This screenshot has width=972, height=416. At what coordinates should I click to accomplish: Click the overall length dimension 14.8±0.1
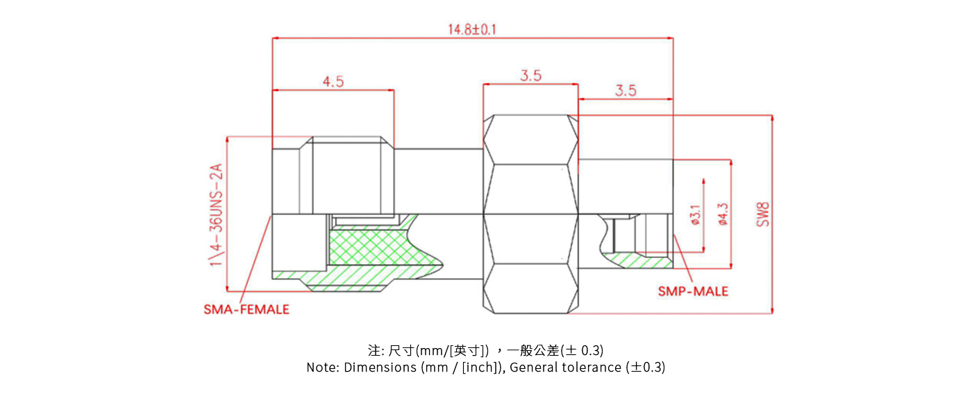pos(472,29)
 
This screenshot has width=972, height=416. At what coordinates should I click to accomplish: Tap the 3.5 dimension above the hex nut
pos(530,76)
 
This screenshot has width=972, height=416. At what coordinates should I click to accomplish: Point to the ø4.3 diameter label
pos(723,214)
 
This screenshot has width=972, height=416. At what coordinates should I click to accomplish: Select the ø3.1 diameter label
pos(694,214)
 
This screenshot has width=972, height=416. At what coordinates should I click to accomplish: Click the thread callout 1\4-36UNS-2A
pos(217,214)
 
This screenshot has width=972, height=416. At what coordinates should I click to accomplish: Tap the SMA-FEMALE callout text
pos(246,310)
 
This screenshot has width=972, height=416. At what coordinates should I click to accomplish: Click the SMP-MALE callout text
pos(693,291)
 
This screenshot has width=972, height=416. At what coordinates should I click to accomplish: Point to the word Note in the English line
pos(321,367)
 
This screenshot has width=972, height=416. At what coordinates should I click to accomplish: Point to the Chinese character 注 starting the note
pos(373,350)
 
